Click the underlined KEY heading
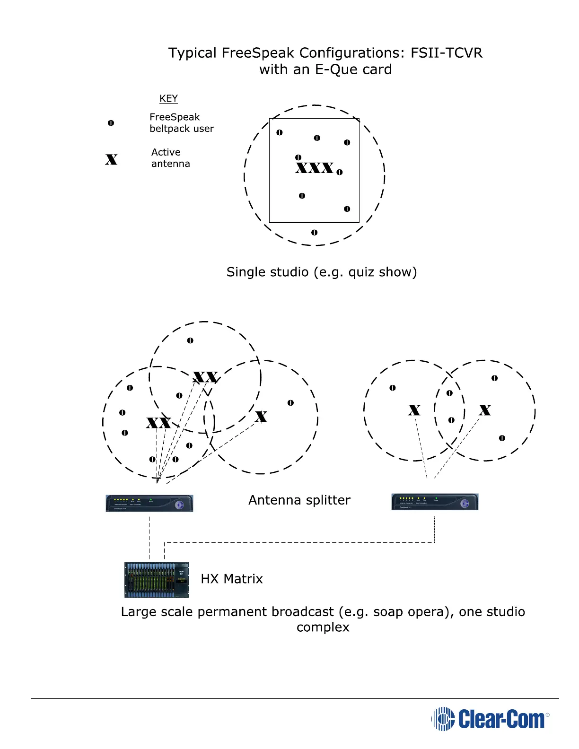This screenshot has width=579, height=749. pyautogui.click(x=168, y=98)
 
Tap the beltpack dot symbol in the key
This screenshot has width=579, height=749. pyautogui.click(x=111, y=123)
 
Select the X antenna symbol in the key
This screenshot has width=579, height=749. pyautogui.click(x=111, y=159)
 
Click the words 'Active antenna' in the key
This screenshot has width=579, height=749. pyautogui.click(x=170, y=158)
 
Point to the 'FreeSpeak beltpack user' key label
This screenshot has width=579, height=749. pyautogui.click(x=181, y=123)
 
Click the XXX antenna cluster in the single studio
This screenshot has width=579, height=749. pyautogui.click(x=314, y=167)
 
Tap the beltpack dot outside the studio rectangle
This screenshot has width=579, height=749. pyautogui.click(x=314, y=233)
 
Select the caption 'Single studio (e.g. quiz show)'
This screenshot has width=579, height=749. pyautogui.click(x=321, y=272)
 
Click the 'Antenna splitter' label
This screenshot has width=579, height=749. pyautogui.click(x=299, y=500)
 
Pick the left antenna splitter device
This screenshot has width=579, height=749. pyautogui.click(x=149, y=503)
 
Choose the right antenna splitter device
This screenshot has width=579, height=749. pyautogui.click(x=435, y=502)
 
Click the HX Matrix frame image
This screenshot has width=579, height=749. pyautogui.click(x=157, y=580)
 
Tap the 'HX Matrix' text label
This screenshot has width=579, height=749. pyautogui.click(x=231, y=579)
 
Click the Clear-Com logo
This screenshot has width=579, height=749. pyautogui.click(x=490, y=719)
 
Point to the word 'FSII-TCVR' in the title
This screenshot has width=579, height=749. pyautogui.click(x=446, y=52)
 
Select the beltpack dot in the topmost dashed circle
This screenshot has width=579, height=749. pyautogui.click(x=190, y=340)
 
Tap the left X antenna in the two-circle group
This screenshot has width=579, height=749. pyautogui.click(x=414, y=409)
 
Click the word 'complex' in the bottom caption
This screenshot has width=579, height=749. pyautogui.click(x=323, y=627)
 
